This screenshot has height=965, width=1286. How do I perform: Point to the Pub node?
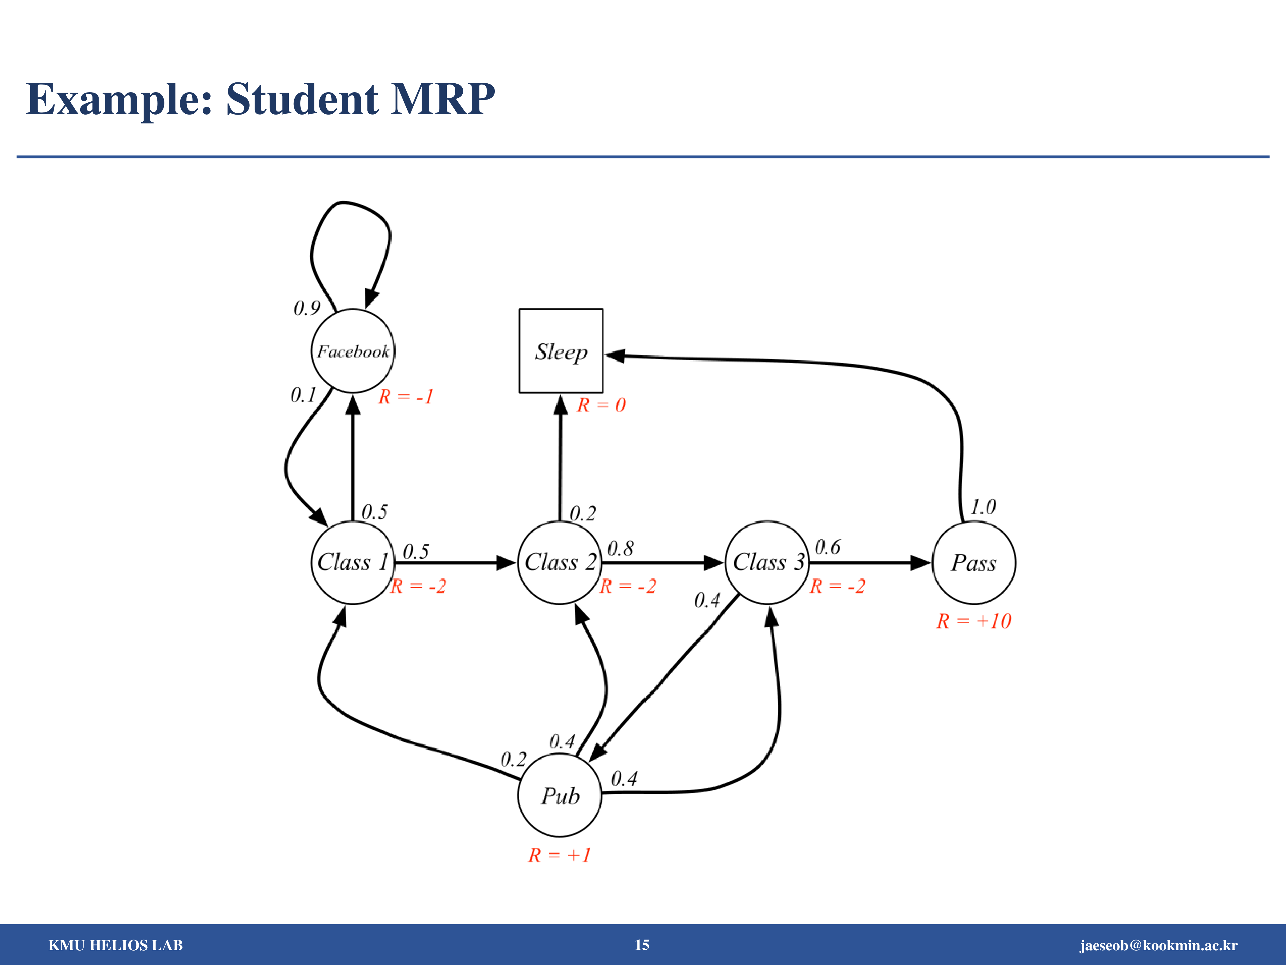(560, 795)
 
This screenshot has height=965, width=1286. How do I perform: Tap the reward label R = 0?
(601, 405)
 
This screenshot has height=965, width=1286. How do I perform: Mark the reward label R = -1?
(405, 397)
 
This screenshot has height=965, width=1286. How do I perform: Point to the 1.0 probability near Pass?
(983, 507)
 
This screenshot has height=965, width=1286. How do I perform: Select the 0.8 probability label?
(620, 549)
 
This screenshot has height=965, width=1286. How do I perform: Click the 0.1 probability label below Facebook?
(303, 395)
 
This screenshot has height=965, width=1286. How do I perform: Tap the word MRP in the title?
(443, 99)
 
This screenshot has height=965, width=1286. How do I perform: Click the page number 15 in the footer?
(642, 945)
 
